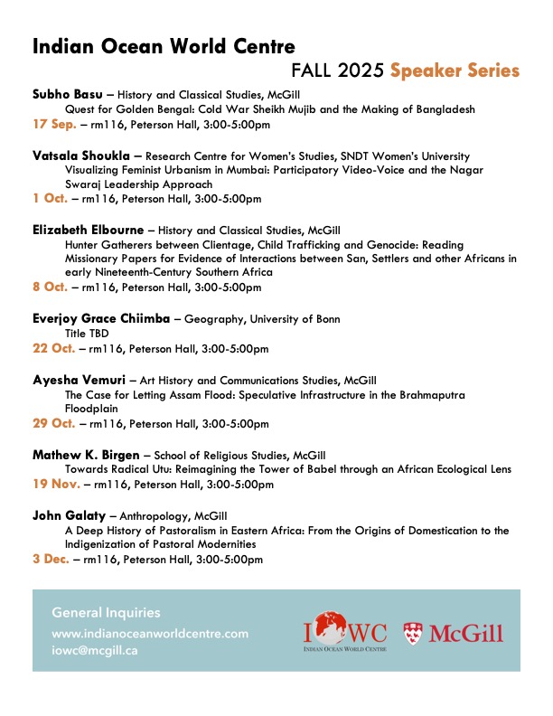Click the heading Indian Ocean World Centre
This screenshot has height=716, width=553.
[x=164, y=47]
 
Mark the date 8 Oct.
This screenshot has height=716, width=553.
[x=52, y=287]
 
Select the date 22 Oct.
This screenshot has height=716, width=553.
[x=55, y=348]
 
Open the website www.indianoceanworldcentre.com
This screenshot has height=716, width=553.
[x=150, y=634]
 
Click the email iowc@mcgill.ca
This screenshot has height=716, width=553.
[x=95, y=649]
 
